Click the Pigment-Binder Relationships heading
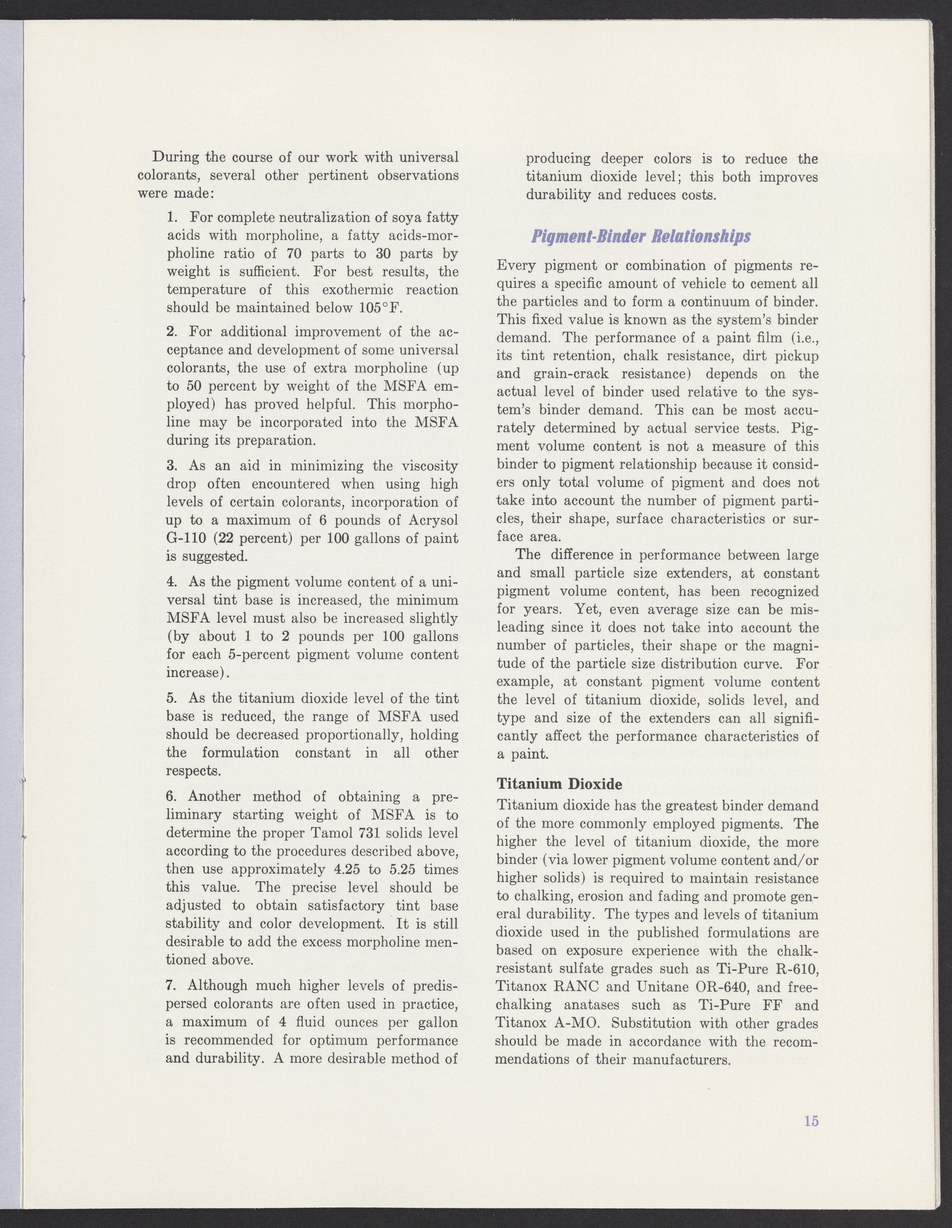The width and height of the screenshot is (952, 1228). tap(641, 237)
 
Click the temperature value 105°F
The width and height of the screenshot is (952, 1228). tap(379, 308)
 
